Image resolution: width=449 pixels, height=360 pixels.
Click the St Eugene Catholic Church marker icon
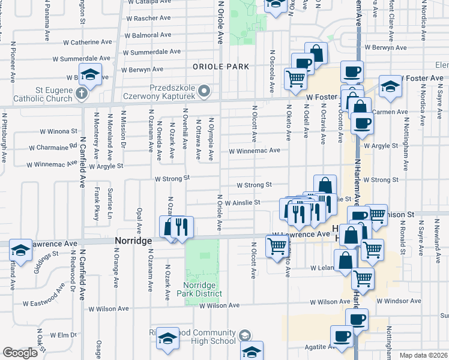[x=82, y=94]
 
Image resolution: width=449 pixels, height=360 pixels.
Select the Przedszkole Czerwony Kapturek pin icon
[x=204, y=91]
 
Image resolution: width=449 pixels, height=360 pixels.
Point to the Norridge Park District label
[x=203, y=289]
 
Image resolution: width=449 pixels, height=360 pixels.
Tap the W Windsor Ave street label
[x=399, y=301]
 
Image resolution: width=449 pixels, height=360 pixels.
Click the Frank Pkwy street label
[x=96, y=203]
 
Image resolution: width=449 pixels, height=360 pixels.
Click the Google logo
[x=20, y=353]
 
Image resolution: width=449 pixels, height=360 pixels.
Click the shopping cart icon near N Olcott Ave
[x=277, y=246]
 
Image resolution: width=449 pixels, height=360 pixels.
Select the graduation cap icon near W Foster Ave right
[x=390, y=87]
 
